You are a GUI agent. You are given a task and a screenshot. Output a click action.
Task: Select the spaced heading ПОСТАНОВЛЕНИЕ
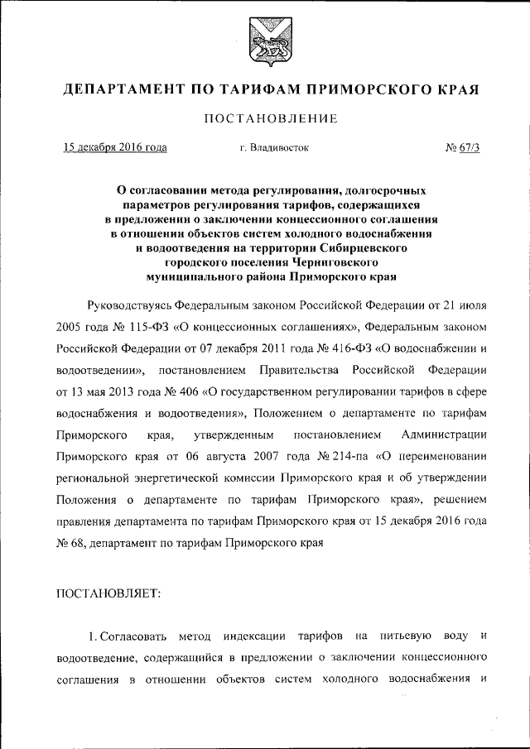(x=265, y=119)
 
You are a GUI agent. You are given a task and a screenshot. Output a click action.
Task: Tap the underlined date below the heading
(x=115, y=148)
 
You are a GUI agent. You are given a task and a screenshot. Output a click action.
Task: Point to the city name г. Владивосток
(x=274, y=148)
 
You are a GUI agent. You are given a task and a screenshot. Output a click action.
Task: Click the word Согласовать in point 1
(x=134, y=636)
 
